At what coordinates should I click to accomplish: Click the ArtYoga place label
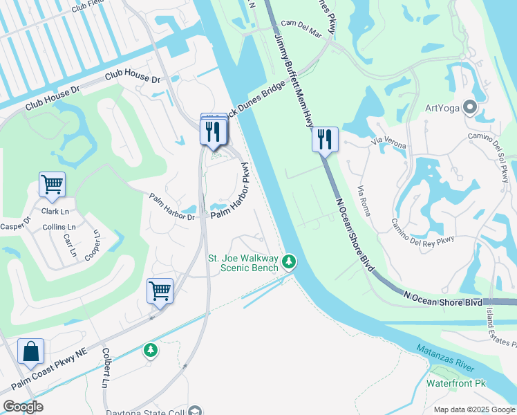442,107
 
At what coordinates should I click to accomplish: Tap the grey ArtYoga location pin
471,107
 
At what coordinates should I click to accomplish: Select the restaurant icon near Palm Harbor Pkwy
213,131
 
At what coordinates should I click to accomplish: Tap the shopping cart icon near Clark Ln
52,185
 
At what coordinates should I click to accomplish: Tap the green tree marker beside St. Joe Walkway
289,261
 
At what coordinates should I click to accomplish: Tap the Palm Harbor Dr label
173,207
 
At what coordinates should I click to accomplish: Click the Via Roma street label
364,199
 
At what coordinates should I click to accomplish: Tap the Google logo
23,406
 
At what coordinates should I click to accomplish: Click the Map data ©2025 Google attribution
473,409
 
